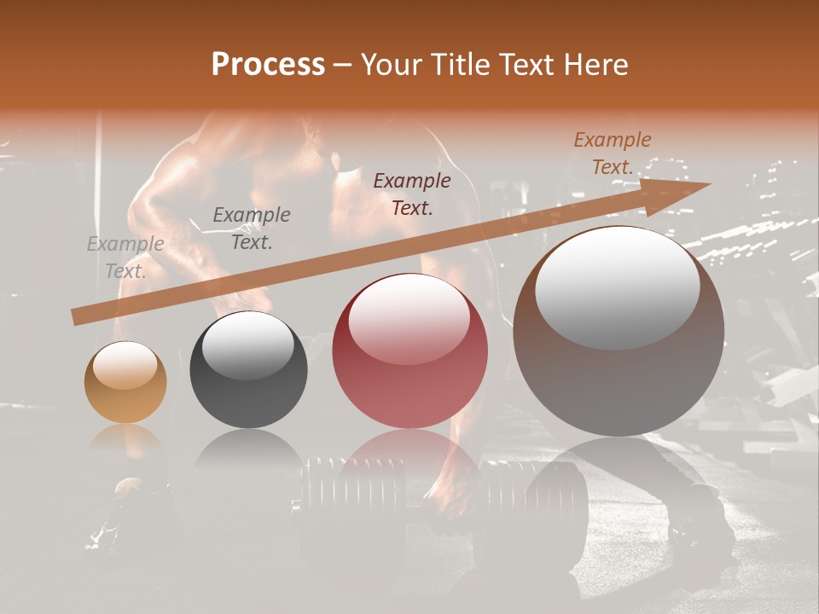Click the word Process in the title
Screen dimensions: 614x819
(268, 65)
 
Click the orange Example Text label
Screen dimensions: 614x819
(612, 153)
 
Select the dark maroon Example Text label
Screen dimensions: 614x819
(412, 194)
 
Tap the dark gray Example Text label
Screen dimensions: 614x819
(252, 229)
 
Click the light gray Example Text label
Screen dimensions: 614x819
(125, 258)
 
